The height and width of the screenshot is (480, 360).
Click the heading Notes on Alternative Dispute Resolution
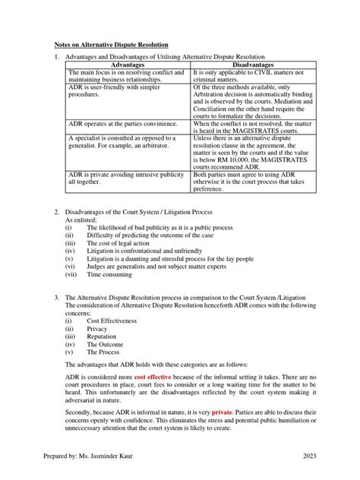[x=111, y=45]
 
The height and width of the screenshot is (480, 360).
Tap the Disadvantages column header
[x=243, y=65]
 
